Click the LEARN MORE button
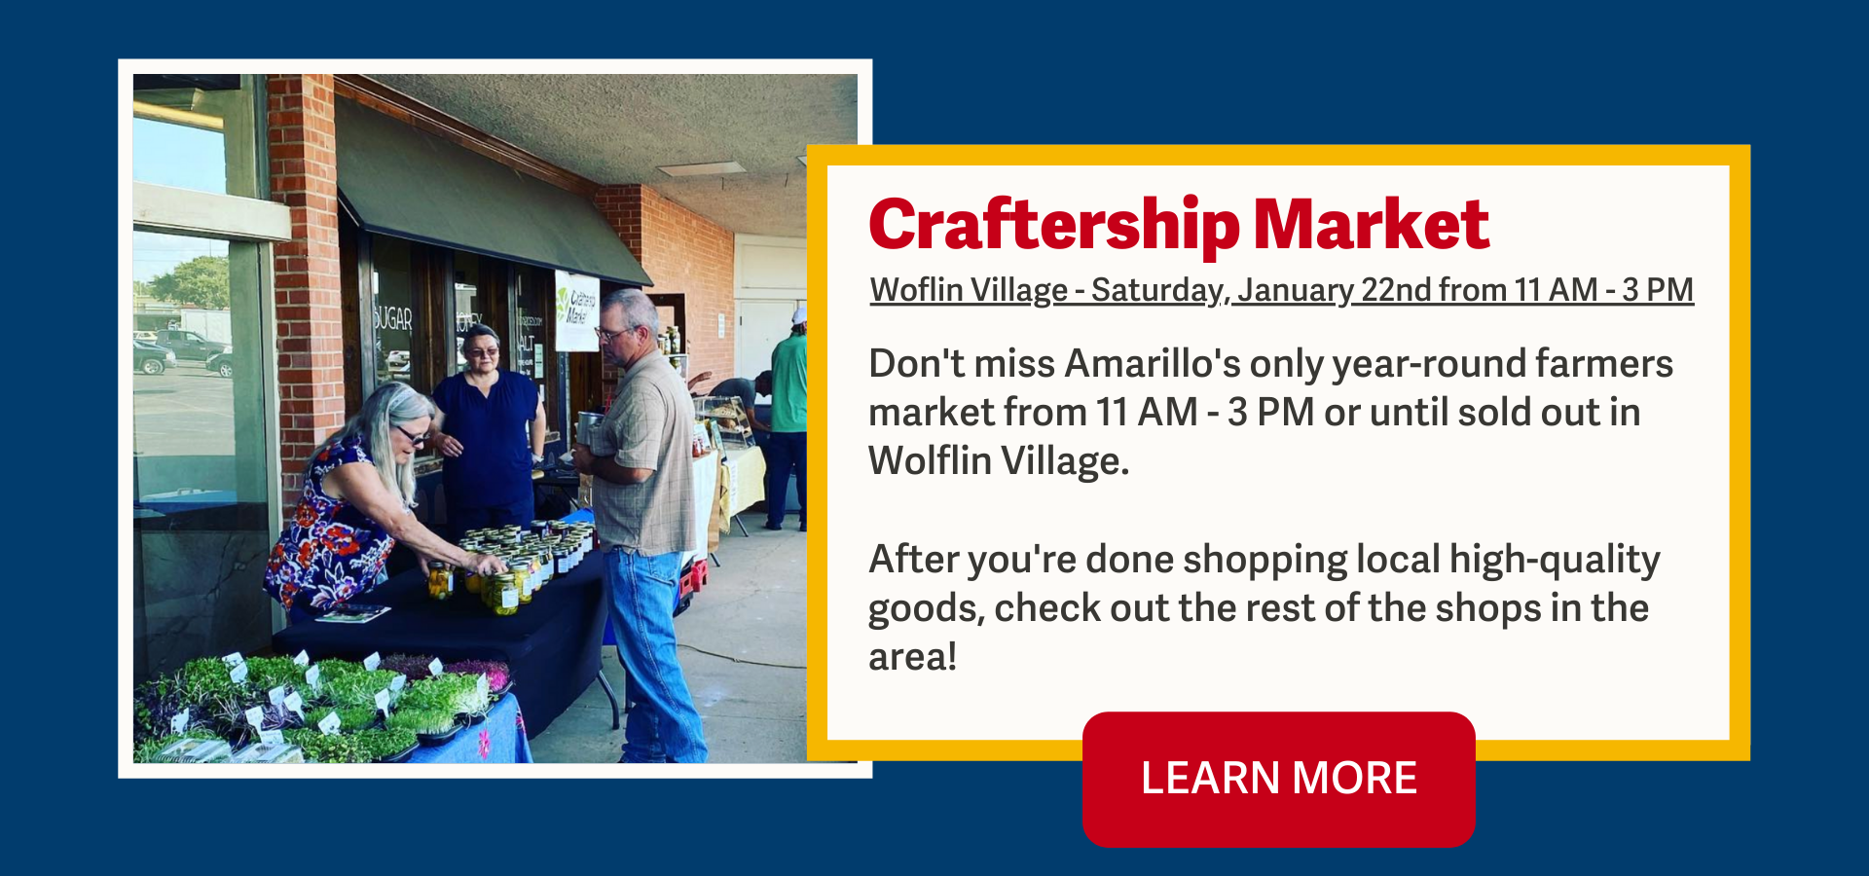[x=1278, y=779]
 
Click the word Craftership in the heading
[x=1054, y=226]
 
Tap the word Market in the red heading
[x=1372, y=224]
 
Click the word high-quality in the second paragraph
[x=1555, y=560]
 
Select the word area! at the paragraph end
[x=912, y=656]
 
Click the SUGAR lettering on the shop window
[x=392, y=318]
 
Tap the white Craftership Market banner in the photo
[x=576, y=310]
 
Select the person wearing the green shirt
[x=788, y=420]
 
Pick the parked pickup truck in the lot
[x=191, y=347]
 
